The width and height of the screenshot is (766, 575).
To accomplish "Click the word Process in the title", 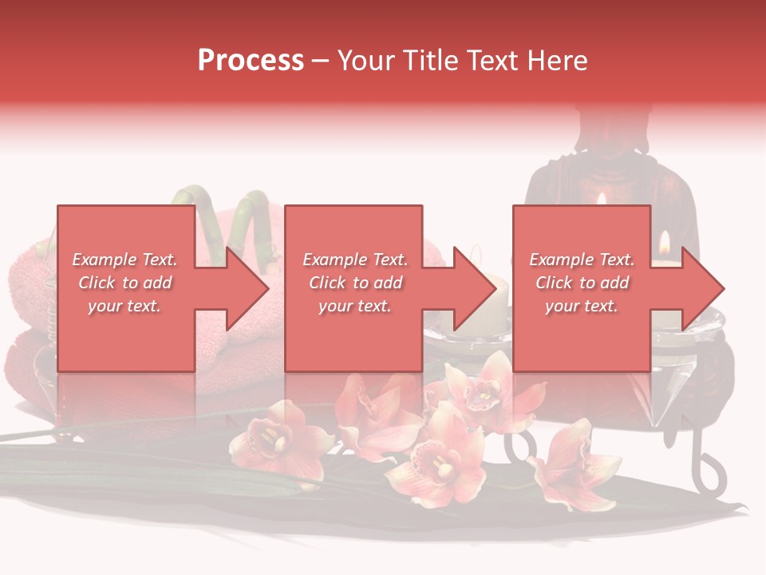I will (x=251, y=61).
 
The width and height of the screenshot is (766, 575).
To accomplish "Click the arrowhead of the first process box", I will (x=247, y=288).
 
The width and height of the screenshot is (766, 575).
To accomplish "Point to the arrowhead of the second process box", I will (x=476, y=288).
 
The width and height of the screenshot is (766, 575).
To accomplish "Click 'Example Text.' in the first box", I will (x=124, y=260).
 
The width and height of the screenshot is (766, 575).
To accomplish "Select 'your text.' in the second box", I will (x=354, y=306).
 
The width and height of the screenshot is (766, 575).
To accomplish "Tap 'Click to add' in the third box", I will (x=582, y=283).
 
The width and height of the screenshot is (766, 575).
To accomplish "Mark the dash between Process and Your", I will (x=320, y=61).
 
